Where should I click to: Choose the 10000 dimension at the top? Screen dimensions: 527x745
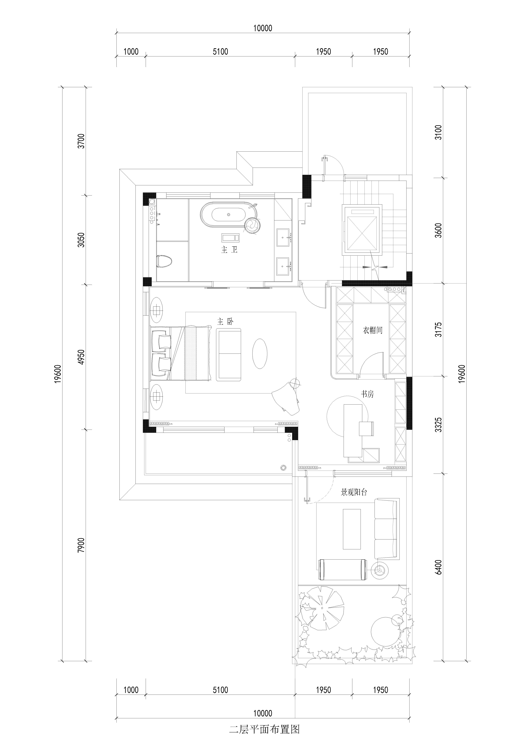point(263,28)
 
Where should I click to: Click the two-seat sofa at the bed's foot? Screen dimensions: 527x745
point(229,354)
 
